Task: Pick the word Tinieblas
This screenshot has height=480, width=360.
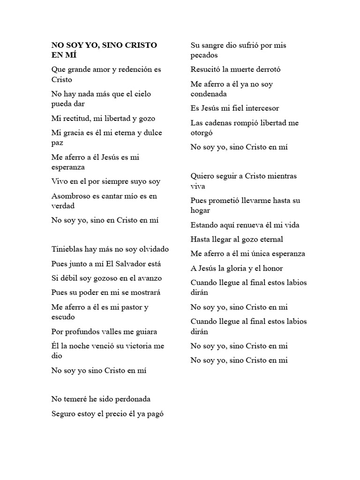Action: [67, 249]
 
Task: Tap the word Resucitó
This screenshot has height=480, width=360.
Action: [205, 69]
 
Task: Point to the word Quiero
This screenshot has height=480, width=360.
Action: [202, 176]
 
